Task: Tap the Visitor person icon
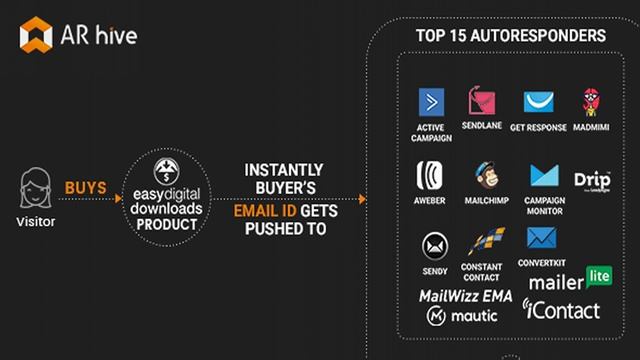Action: [36, 187]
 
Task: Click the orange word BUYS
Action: [86, 187]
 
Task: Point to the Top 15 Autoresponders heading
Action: [510, 36]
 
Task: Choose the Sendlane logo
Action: [482, 102]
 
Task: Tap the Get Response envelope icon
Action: [538, 103]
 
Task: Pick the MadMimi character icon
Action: [591, 102]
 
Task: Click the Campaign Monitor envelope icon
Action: [544, 176]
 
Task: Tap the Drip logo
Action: [592, 179]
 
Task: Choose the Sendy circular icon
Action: [434, 245]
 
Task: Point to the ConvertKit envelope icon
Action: [541, 238]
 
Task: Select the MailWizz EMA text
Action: [464, 295]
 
